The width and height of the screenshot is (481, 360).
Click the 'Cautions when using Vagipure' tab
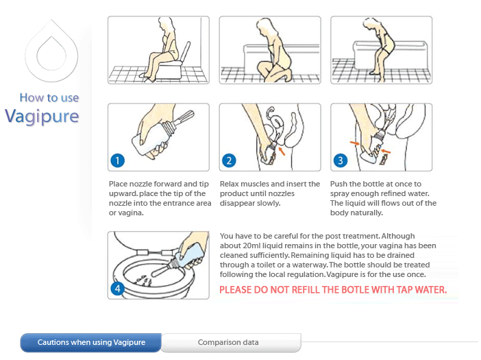(x=91, y=342)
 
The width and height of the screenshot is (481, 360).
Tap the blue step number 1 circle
(x=117, y=160)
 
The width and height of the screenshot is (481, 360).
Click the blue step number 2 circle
(x=229, y=160)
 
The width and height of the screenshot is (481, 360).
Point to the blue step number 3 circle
(x=341, y=160)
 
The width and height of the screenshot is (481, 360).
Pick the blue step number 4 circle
(x=117, y=289)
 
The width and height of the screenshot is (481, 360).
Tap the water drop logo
(x=51, y=51)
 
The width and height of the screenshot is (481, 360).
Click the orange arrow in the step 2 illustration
(x=282, y=151)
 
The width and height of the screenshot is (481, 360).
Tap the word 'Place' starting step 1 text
(x=118, y=184)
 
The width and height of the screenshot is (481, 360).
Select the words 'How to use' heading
(x=49, y=97)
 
